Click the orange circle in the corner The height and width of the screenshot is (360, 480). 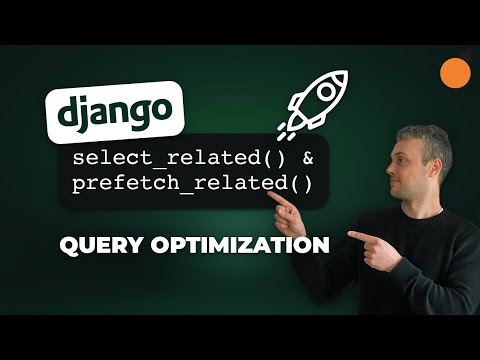[x=455, y=71]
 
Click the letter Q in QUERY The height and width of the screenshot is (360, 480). [x=67, y=243]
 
